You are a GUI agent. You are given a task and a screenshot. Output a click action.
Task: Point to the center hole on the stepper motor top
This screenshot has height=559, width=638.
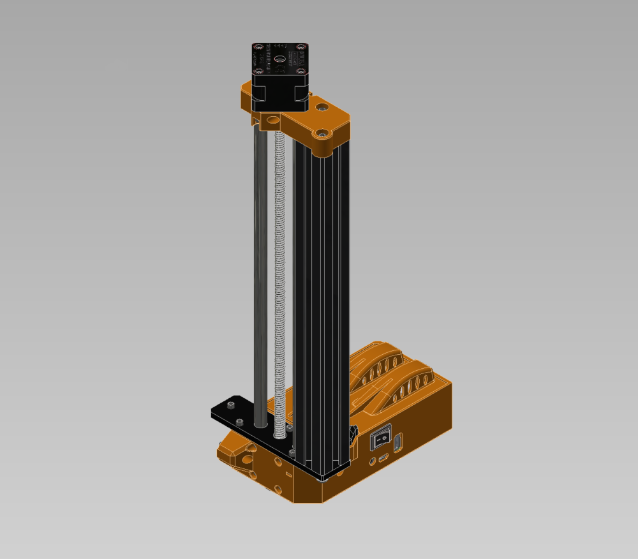(278, 58)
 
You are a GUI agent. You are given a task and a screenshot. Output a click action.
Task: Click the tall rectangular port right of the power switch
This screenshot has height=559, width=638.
(398, 442)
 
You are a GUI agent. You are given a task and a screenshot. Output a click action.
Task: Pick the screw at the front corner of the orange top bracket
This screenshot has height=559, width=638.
(323, 134)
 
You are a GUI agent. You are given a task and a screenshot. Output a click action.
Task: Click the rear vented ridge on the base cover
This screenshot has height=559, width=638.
(376, 364)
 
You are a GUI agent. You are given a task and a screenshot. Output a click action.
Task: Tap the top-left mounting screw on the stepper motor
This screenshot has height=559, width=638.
(258, 47)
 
